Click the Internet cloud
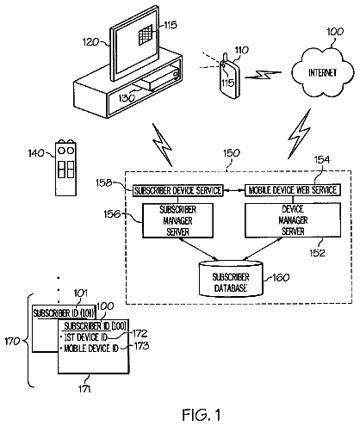322,72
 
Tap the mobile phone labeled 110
229,77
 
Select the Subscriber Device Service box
177,190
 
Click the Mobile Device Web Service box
293,190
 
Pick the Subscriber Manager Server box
177,220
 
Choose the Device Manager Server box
293,220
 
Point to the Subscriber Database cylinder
231,279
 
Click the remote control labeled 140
65,168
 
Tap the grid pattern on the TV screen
146,34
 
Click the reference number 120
90,42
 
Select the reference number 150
232,153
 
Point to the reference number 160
281,277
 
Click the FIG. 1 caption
202,415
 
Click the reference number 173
141,346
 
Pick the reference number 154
322,160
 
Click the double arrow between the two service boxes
233,190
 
